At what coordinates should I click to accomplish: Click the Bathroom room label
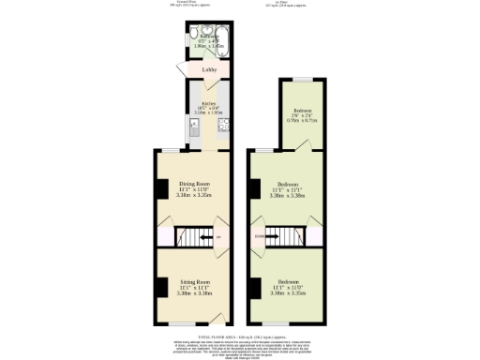(196, 37)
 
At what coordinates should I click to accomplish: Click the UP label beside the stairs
(218, 237)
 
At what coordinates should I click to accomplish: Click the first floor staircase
(285, 236)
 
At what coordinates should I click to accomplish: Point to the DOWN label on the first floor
(258, 236)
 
